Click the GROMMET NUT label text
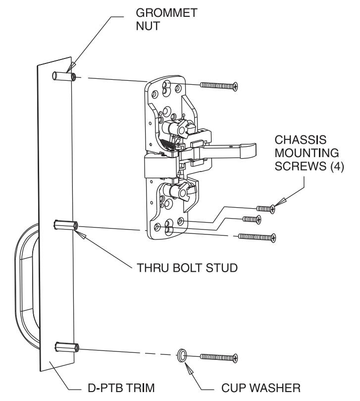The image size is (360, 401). (166, 19)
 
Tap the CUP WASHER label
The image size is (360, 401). (260, 388)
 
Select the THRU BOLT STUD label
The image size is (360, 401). (187, 268)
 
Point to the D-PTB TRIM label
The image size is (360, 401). (121, 388)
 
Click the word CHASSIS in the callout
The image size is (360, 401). (301, 140)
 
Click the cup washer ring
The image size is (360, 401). (182, 355)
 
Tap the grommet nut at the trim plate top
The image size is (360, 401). (64, 76)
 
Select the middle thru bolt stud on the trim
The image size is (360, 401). (66, 225)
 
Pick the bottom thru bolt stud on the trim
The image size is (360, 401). (67, 347)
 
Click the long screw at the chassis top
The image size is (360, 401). (219, 85)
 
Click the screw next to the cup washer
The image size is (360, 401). (219, 357)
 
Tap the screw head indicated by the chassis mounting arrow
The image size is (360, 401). (273, 209)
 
